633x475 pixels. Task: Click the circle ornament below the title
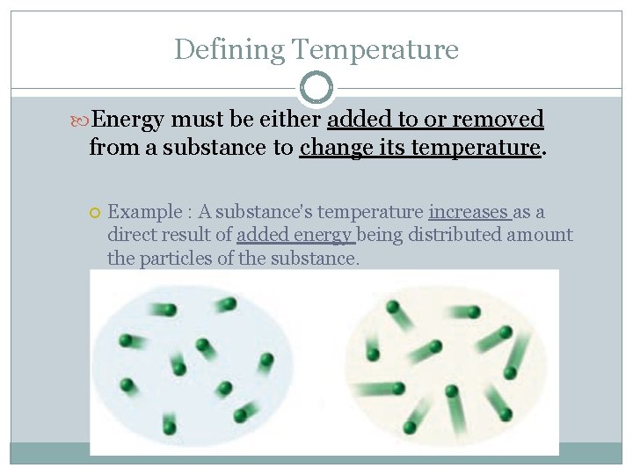point(316,88)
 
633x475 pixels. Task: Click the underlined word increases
point(469,212)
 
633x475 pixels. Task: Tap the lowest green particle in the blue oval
point(170,427)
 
